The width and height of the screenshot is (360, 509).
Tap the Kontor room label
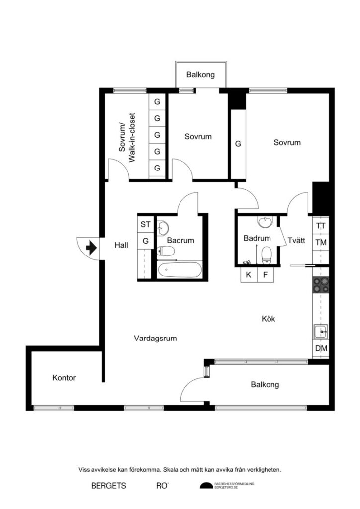(64, 378)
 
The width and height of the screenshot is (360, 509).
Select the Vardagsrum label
(156, 339)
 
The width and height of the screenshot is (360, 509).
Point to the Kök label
(269, 319)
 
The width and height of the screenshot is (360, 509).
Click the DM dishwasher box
(321, 348)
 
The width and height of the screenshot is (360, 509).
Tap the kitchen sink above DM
(321, 330)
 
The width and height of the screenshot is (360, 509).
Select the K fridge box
(249, 274)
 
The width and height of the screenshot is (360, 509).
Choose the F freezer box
(265, 274)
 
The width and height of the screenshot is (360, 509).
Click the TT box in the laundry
(321, 225)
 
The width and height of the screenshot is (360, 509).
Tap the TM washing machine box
(321, 242)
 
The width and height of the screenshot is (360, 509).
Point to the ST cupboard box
(145, 224)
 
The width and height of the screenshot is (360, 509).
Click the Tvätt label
(296, 240)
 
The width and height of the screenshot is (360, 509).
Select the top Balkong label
(200, 75)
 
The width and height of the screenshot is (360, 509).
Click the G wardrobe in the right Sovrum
(238, 144)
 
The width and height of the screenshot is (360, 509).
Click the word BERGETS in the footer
(109, 485)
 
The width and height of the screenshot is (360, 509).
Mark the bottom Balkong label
(265, 384)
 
